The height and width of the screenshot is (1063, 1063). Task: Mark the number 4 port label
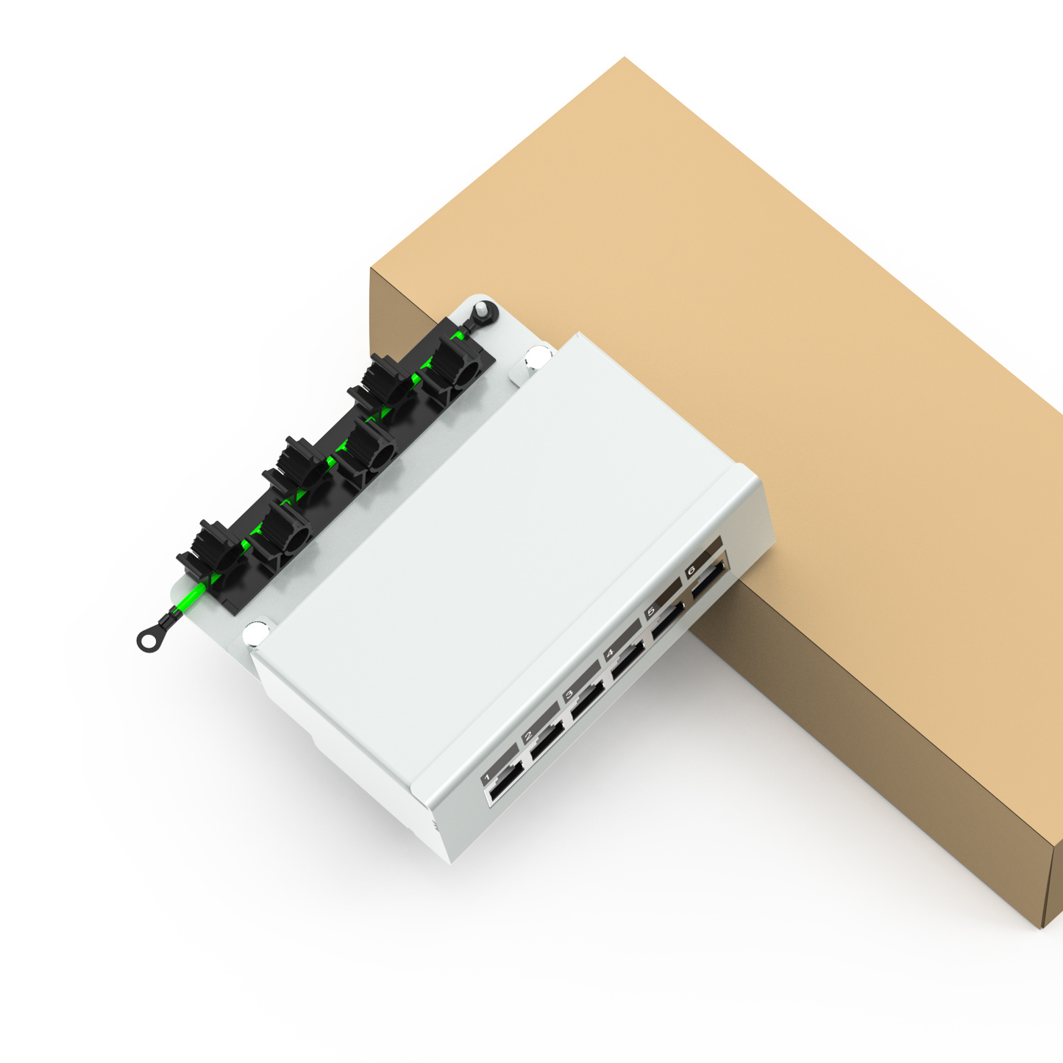610,653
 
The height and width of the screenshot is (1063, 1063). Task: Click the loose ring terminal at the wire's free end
149,640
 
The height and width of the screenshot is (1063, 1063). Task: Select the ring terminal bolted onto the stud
484,311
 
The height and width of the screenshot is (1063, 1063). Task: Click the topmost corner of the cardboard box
625,57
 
